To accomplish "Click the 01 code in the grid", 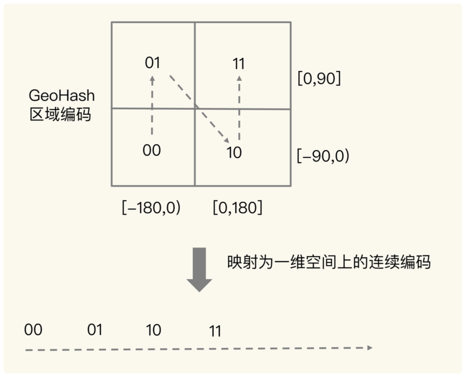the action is click(x=152, y=63).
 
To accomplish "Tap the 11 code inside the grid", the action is click(x=239, y=64).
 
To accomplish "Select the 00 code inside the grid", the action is click(x=151, y=150).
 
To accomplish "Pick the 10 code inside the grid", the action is click(x=234, y=153).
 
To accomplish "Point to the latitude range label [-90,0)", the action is click(x=323, y=156).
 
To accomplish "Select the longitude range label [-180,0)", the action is click(x=151, y=207).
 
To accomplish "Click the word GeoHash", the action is click(x=61, y=96).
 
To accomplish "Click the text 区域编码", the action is click(x=60, y=115).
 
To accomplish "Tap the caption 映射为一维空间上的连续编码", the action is click(x=329, y=262).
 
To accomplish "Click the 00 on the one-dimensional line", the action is click(x=33, y=330).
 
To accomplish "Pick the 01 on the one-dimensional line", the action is click(x=94, y=330).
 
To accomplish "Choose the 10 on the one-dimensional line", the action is click(x=154, y=330).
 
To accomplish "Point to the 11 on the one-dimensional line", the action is click(x=215, y=331).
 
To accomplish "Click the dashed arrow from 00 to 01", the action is click(x=152, y=106).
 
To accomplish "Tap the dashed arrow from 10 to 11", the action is click(x=239, y=108).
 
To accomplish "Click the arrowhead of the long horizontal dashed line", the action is click(x=369, y=347).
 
